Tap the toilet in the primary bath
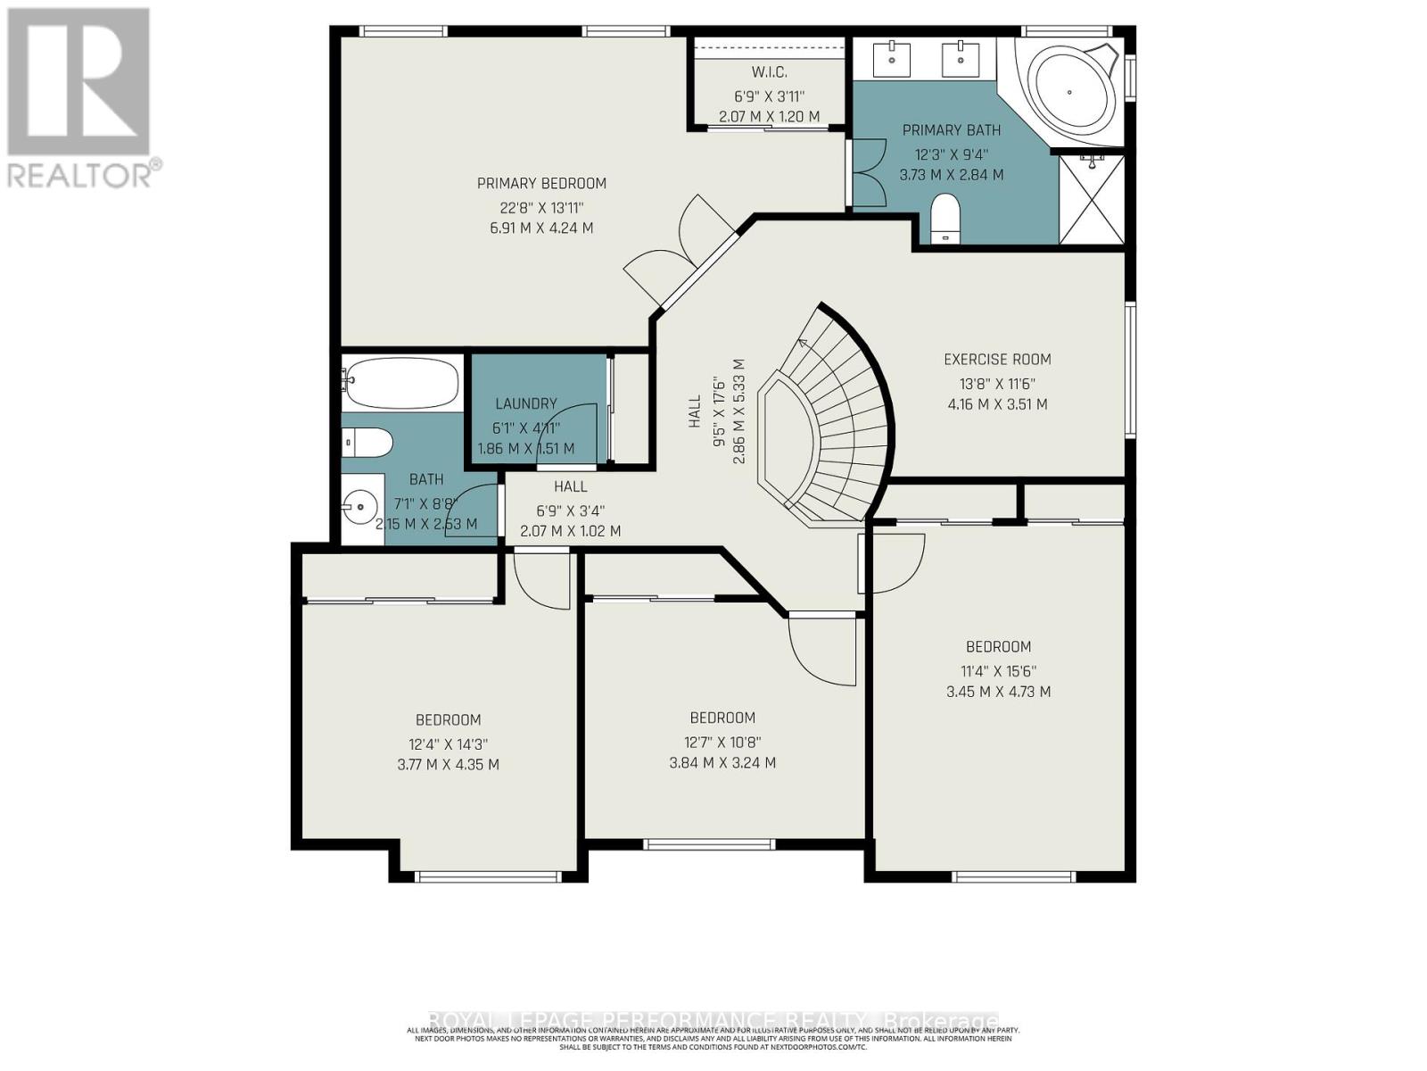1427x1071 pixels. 944,220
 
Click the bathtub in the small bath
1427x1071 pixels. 401,382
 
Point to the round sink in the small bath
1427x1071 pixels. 359,510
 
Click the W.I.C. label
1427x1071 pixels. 769,71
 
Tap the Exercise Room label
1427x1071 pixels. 997,359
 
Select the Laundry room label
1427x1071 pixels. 526,403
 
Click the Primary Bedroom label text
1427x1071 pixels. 541,183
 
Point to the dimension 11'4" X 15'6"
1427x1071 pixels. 998,670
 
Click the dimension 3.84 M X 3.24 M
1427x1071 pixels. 722,763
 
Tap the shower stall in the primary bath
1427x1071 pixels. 1092,199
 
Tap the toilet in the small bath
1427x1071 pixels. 368,441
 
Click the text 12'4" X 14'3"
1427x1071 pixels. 448,743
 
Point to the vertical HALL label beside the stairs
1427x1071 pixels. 695,411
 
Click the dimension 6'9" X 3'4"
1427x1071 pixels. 570,511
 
